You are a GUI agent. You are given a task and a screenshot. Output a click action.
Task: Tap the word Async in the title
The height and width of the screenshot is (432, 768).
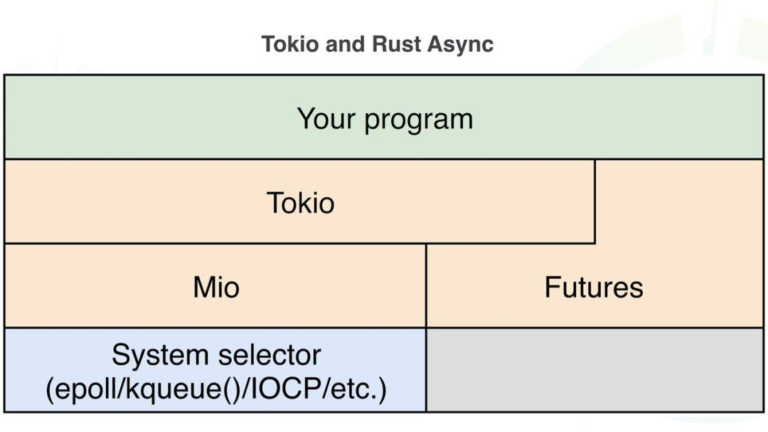pyautogui.click(x=461, y=44)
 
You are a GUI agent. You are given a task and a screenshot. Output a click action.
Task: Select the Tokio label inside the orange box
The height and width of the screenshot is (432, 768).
pyautogui.click(x=300, y=204)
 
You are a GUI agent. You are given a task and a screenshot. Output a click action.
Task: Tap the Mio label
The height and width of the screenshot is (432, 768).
pyautogui.click(x=216, y=288)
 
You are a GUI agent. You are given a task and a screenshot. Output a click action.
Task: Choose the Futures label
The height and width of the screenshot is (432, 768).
pyautogui.click(x=594, y=288)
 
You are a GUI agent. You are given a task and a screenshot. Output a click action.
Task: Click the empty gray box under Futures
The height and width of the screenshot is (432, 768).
pyautogui.click(x=594, y=369)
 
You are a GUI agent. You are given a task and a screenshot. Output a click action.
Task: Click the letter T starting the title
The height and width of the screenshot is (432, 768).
pyautogui.click(x=268, y=44)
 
